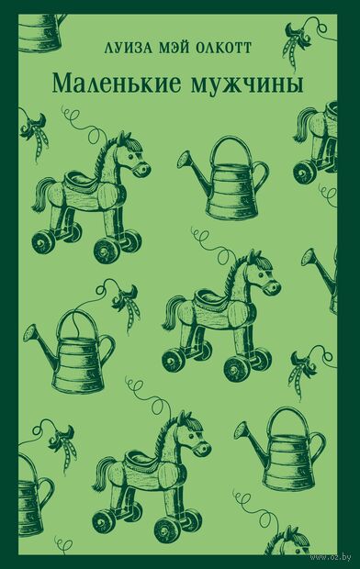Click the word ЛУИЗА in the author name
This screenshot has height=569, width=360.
tap(127, 48)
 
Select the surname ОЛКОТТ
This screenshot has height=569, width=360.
tap(222, 48)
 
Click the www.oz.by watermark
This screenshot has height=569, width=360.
tap(331, 556)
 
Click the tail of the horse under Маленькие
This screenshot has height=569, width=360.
tap(43, 195)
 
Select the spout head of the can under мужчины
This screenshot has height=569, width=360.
tap(185, 160)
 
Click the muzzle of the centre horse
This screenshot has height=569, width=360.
tap(273, 288)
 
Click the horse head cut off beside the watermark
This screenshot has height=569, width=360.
tap(287, 548)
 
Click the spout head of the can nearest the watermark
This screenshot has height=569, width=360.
tap(242, 430)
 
